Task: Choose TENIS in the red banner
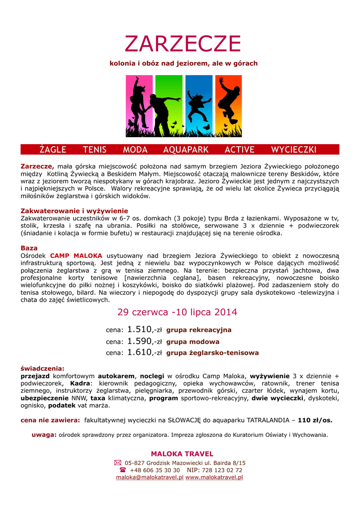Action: click(x=94, y=150)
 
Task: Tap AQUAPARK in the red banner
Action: click(x=186, y=150)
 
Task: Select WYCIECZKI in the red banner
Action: click(x=293, y=150)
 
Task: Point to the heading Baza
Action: click(x=29, y=248)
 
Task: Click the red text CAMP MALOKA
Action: click(x=76, y=255)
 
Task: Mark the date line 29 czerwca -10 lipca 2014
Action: click(x=177, y=312)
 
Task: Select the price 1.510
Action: click(x=139, y=329)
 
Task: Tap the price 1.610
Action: click(x=139, y=352)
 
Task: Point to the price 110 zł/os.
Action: click(x=315, y=420)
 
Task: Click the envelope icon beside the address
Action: click(x=118, y=463)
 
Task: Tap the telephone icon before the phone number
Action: click(x=122, y=470)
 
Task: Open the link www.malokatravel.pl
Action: click(x=214, y=477)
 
